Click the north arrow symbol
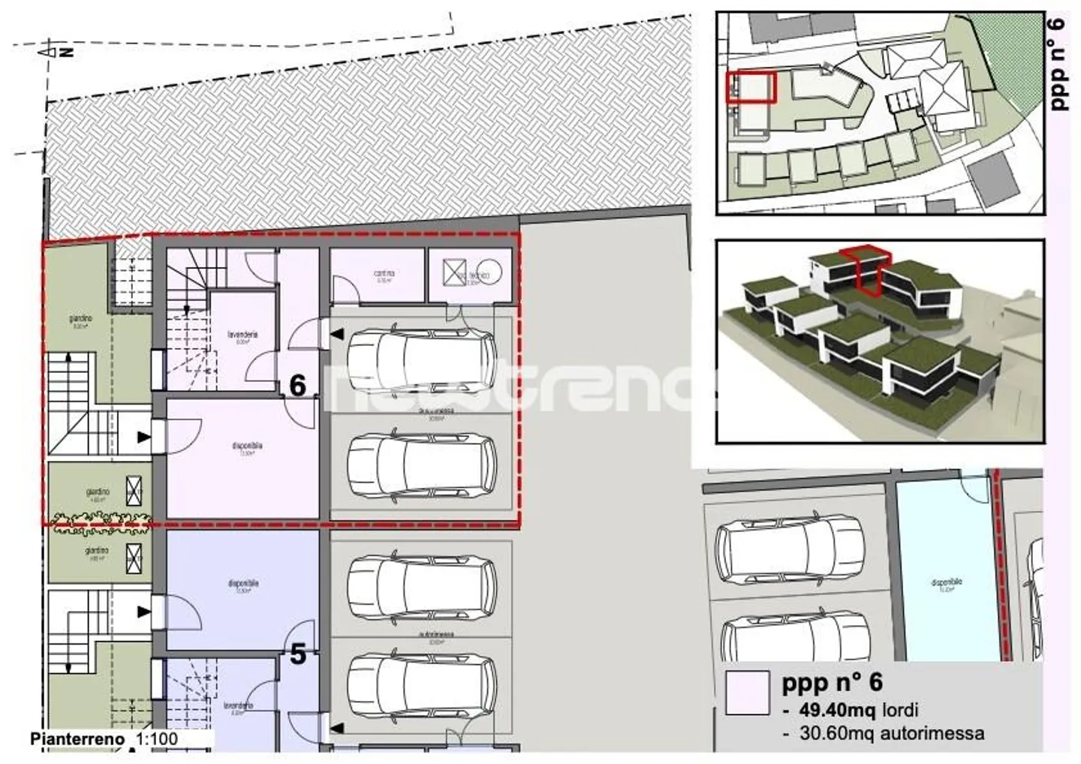pyautogui.click(x=47, y=51)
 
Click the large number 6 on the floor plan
pyautogui.click(x=298, y=386)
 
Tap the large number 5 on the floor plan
pyautogui.click(x=298, y=654)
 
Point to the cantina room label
pyautogui.click(x=384, y=274)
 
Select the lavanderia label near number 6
pyautogui.click(x=242, y=335)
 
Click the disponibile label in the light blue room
pyautogui.click(x=947, y=582)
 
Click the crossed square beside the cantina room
pyautogui.click(x=454, y=272)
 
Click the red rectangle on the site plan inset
pyautogui.click(x=750, y=86)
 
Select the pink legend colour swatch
pyautogui.click(x=748, y=692)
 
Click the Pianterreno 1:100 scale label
pyautogui.click(x=104, y=738)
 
